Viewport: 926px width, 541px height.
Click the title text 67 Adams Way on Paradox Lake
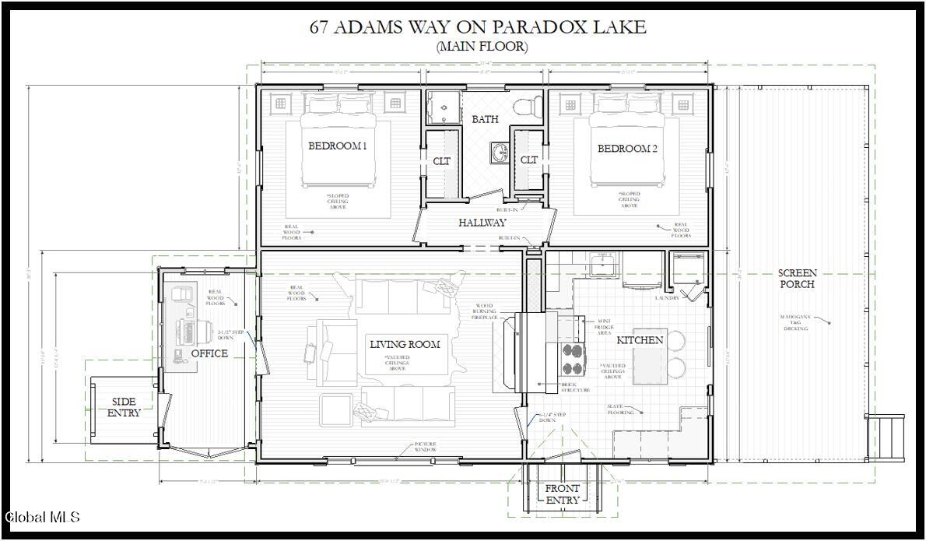(478, 26)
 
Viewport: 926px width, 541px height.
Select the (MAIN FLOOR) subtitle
(482, 47)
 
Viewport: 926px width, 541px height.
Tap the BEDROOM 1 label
(337, 146)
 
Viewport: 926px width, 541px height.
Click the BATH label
(485, 119)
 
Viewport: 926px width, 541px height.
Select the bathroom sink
(499, 151)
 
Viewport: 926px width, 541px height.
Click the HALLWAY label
(482, 223)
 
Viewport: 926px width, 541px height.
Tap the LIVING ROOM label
(405, 344)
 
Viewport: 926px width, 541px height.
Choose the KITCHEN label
(640, 340)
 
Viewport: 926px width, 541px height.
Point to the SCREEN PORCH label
(798, 279)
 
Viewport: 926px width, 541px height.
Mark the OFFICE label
(209, 353)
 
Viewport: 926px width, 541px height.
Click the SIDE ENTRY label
(125, 407)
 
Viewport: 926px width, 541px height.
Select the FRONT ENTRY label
(562, 494)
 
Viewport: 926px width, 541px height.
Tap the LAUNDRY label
(667, 298)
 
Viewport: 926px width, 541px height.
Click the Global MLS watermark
(42, 517)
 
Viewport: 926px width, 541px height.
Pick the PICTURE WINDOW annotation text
(425, 447)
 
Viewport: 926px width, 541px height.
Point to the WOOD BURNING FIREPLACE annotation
(483, 311)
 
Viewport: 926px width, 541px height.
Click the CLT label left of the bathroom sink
(442, 161)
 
